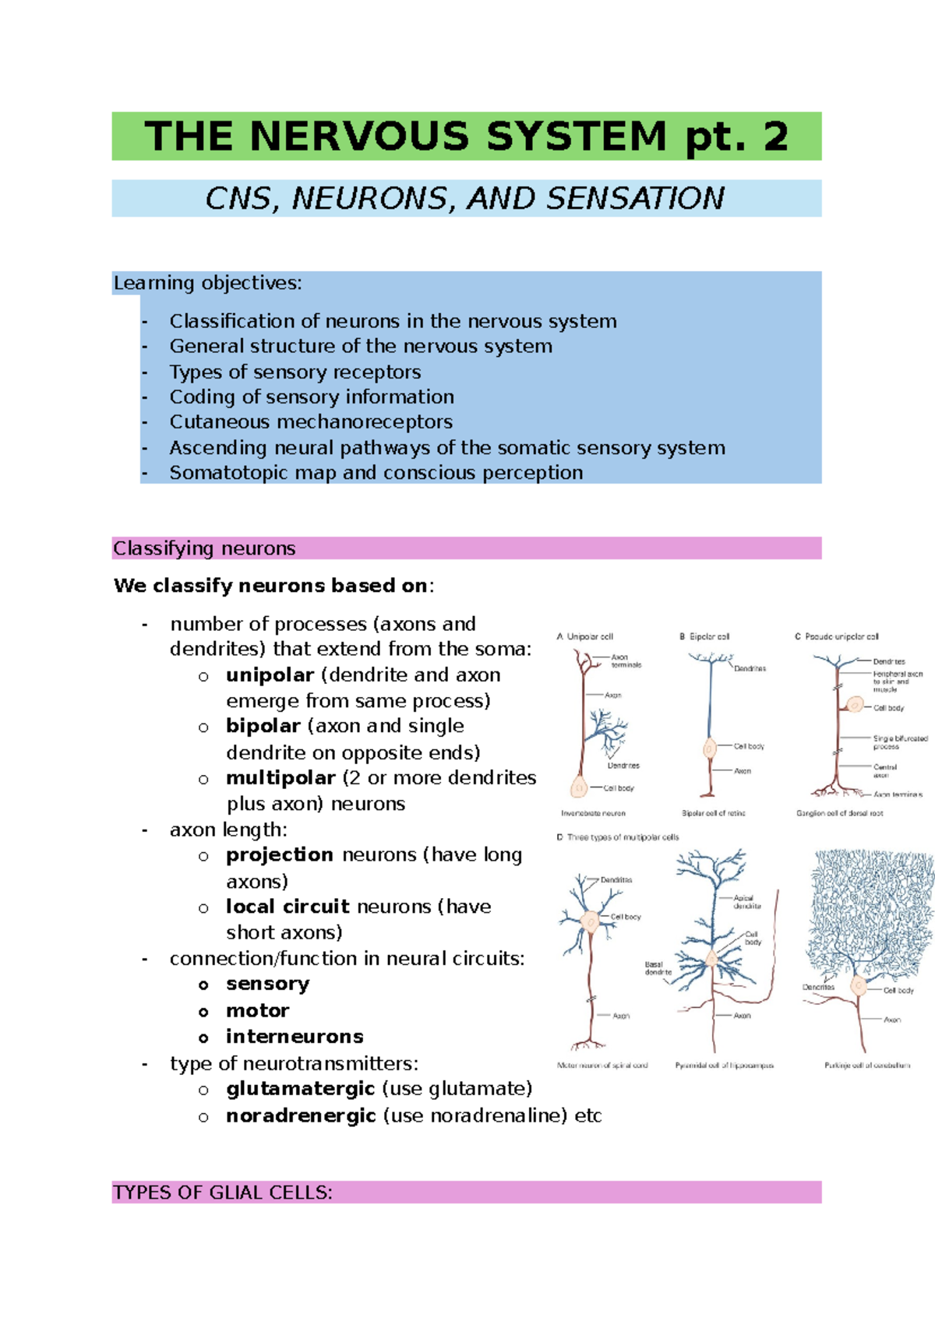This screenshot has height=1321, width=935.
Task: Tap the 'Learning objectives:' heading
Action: (x=207, y=283)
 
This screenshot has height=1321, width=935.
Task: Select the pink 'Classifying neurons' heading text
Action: (x=204, y=548)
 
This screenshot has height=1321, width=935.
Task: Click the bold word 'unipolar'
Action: (x=270, y=675)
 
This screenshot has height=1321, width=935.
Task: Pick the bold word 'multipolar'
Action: (x=280, y=778)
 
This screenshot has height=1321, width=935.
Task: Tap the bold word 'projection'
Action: (x=279, y=855)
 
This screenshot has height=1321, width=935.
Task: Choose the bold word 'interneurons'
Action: (x=295, y=1037)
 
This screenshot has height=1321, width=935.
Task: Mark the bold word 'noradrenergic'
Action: (x=301, y=1116)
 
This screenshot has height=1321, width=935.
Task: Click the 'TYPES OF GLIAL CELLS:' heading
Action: (x=223, y=1192)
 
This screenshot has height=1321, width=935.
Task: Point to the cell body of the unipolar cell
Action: (x=579, y=787)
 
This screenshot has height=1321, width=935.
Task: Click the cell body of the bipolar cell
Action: (x=709, y=749)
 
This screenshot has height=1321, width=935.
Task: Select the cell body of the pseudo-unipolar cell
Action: (x=855, y=706)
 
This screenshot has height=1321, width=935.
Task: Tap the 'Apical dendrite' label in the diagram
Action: (x=746, y=902)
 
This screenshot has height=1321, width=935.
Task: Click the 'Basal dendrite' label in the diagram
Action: (x=658, y=968)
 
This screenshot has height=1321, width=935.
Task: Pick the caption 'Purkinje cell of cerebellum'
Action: (x=866, y=1065)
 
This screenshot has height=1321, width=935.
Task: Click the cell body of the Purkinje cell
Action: (x=859, y=987)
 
